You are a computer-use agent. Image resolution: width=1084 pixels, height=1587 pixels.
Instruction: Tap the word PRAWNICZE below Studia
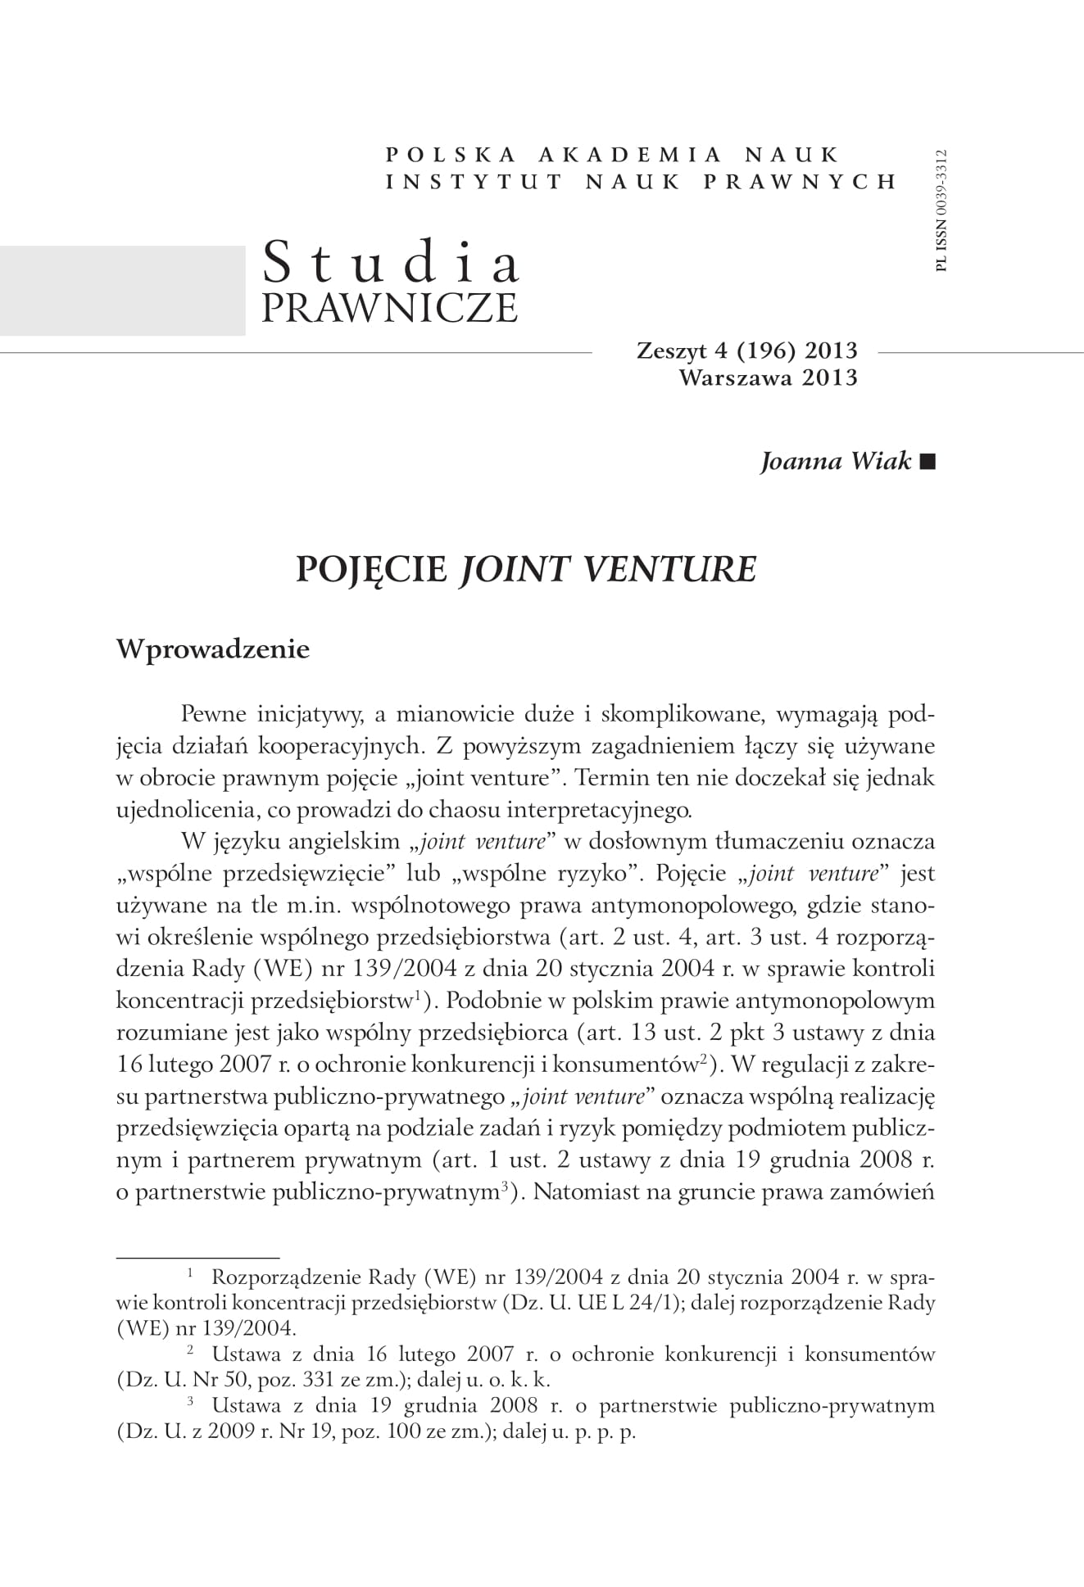(389, 307)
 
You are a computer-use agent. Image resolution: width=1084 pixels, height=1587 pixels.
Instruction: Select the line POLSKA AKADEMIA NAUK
(612, 154)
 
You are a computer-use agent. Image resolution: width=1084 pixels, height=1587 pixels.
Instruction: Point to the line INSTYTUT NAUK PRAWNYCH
(642, 181)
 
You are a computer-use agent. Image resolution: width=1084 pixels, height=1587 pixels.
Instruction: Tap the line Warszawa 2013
(769, 378)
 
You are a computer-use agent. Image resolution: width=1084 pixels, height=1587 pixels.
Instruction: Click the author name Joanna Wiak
(836, 461)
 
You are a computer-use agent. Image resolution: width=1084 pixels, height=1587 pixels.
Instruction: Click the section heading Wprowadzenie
(213, 649)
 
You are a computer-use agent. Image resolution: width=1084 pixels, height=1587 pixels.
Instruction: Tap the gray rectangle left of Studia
(123, 290)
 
